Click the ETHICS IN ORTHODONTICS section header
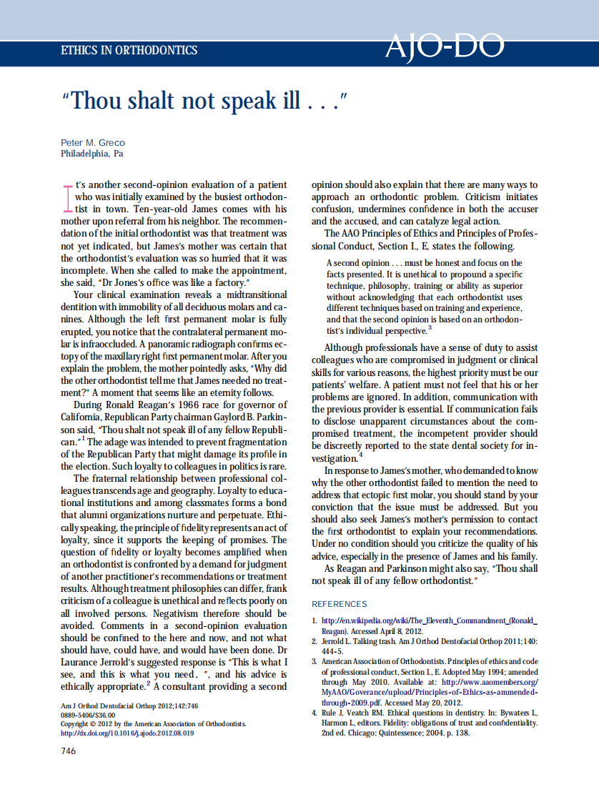[x=129, y=51]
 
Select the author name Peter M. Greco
[x=93, y=143]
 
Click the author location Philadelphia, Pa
[x=92, y=154]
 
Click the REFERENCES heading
[x=340, y=604]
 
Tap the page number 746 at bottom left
[x=69, y=751]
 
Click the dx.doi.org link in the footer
[x=127, y=733]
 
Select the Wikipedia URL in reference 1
[x=430, y=620]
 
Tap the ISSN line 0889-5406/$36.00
[x=88, y=715]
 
